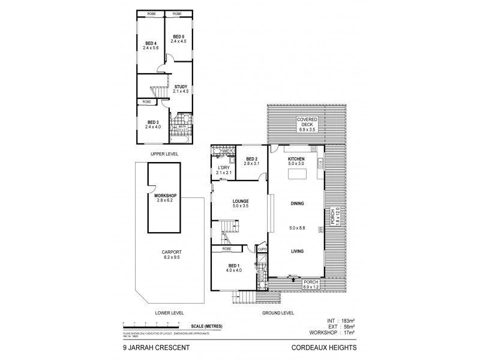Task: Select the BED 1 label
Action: point(233,267)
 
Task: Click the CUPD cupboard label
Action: point(262,249)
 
